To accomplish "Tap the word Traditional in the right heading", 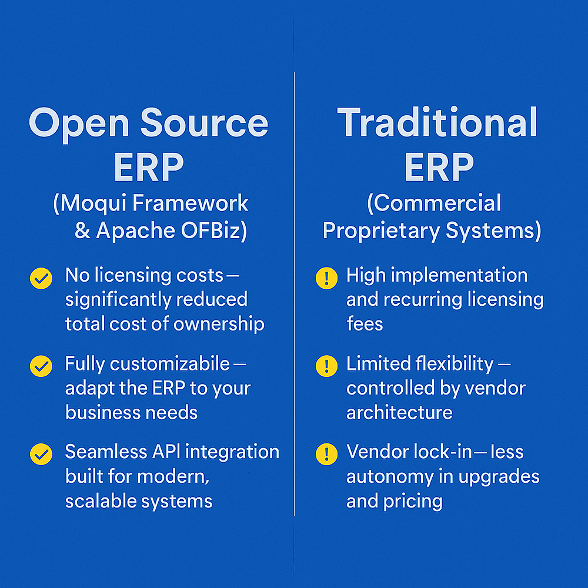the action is point(437,123).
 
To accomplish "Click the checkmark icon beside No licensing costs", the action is point(41,278).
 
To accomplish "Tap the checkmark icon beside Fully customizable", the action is point(41,366).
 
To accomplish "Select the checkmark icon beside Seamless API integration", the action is point(41,454).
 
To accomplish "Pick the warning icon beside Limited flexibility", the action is point(326,366).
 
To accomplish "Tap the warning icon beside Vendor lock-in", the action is point(326,454).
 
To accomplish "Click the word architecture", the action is point(399,413).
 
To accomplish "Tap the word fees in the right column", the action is point(365,324).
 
